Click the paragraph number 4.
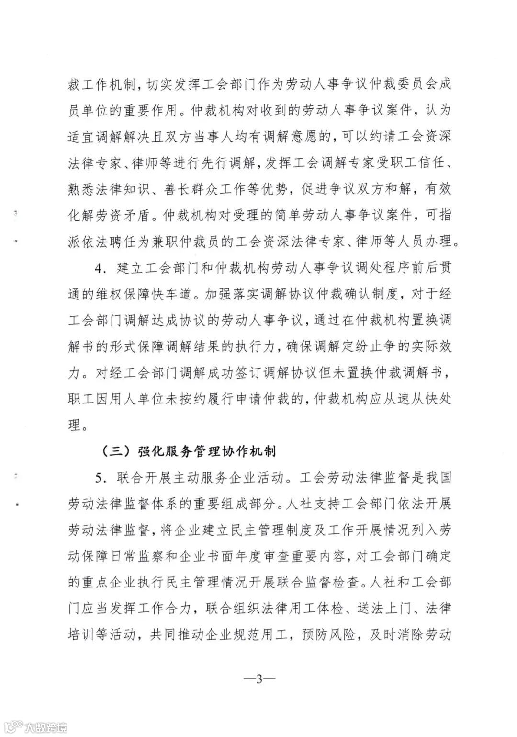99,268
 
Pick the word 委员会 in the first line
398,85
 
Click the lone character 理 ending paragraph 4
74,425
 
